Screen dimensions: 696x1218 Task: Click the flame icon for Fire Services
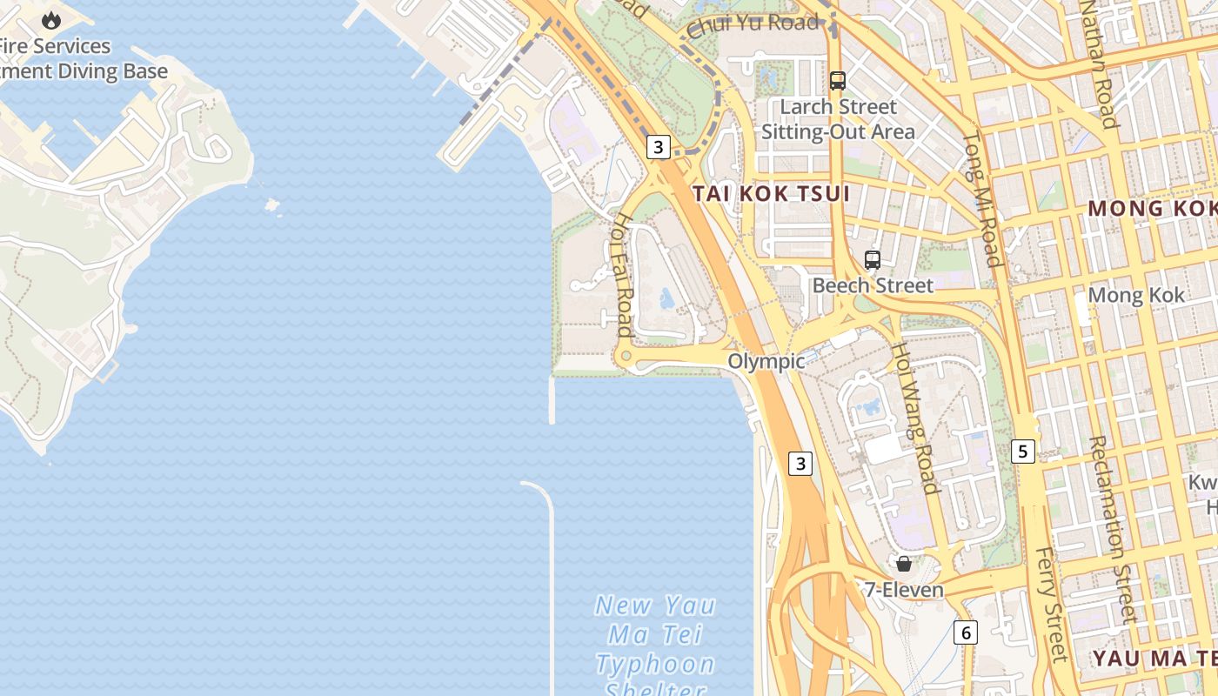(51, 20)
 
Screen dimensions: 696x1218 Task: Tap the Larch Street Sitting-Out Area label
(838, 119)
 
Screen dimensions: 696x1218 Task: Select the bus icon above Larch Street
(838, 81)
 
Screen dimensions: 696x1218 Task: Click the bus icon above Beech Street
(872, 260)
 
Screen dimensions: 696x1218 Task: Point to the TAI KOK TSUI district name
(771, 193)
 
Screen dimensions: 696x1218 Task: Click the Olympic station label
(766, 361)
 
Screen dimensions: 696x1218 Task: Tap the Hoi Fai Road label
(623, 273)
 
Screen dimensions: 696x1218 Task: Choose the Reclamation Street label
(1113, 530)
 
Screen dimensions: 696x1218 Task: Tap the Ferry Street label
(1051, 604)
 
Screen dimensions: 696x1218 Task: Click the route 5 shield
(1023, 452)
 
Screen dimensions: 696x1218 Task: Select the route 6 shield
(966, 632)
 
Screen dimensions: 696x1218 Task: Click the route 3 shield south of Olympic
(800, 464)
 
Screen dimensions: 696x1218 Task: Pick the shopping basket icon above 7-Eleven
(904, 564)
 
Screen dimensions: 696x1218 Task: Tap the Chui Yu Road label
(753, 24)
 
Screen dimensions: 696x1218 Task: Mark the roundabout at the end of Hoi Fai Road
(624, 357)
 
